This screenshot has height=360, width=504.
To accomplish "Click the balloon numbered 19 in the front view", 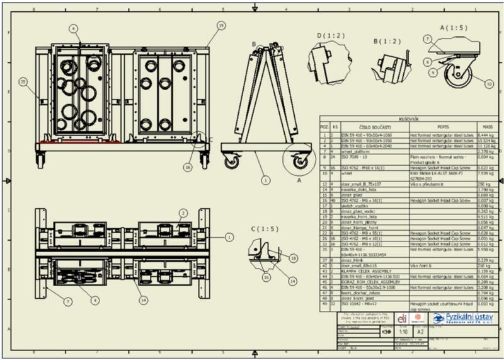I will click(220, 25).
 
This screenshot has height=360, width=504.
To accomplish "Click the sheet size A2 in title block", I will click(419, 330).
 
